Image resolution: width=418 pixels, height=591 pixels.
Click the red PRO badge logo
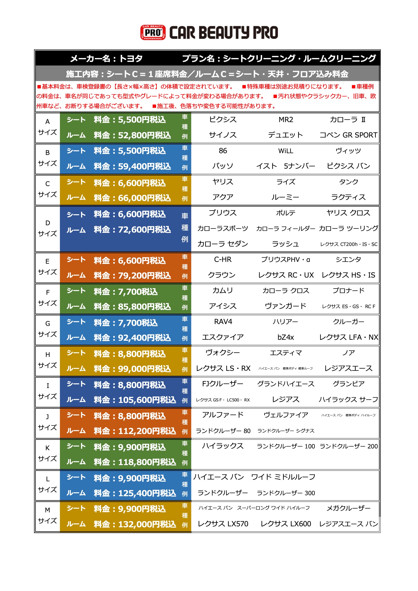pos(153,32)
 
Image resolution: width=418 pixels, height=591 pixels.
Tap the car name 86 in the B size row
pos(223,151)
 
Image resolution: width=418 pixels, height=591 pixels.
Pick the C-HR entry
pos(223,259)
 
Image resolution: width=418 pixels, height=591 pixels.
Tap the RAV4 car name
pos(223,322)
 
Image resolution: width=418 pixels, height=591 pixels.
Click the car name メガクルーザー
pos(348,508)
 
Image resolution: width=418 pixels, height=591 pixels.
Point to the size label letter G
pos(48,324)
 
